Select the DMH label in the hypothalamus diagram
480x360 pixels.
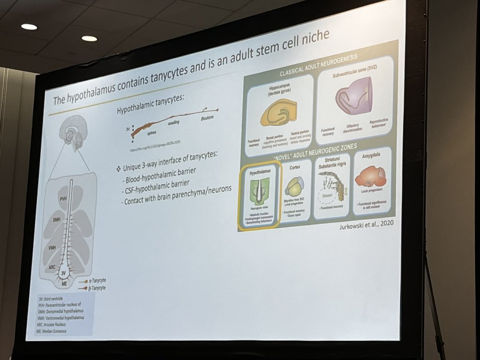(x=58, y=219)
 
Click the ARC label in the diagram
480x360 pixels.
(x=52, y=268)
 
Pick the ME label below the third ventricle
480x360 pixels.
(x=62, y=282)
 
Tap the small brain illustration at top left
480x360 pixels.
(x=73, y=129)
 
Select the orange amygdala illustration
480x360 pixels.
(x=370, y=176)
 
